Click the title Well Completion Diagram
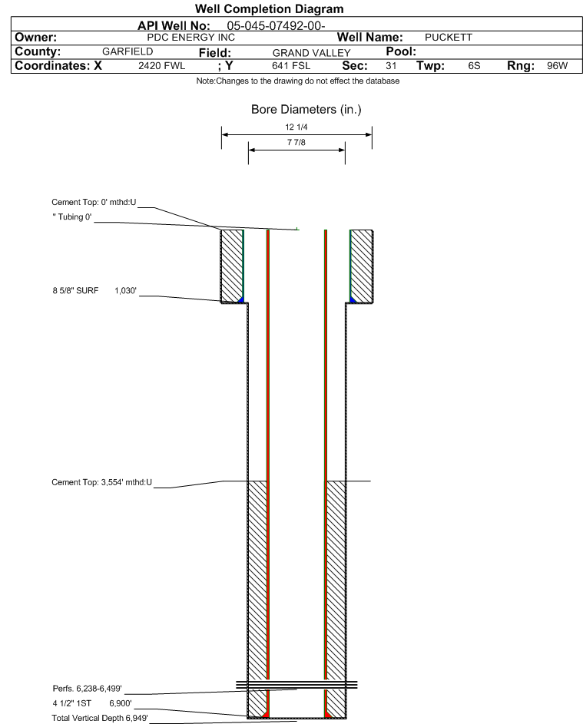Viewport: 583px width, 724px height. tap(270, 8)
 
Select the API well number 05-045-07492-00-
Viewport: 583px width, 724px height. tap(276, 26)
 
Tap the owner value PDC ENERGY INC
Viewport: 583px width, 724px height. tap(190, 38)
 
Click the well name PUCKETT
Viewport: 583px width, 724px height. tap(449, 38)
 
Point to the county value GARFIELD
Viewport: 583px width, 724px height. tap(128, 51)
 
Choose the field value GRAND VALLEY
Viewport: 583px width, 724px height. tap(311, 53)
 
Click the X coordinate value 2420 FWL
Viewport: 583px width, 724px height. tap(161, 65)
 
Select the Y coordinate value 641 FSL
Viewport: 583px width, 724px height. tap(291, 65)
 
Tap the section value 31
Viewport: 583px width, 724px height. tap(391, 65)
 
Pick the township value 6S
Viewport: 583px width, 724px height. tap(474, 65)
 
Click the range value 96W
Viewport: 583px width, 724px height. tap(557, 65)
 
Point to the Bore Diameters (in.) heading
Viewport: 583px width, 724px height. tap(306, 110)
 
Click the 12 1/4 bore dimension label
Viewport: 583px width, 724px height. tap(296, 127)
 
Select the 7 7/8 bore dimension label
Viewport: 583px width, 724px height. tap(296, 142)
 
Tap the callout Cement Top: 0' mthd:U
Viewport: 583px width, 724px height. tap(94, 202)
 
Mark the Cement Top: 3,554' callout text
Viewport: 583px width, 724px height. tap(101, 482)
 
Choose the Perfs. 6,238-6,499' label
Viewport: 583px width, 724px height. tap(88, 689)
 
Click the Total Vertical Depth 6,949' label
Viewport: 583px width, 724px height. tap(100, 718)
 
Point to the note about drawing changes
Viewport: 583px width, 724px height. tap(298, 81)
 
